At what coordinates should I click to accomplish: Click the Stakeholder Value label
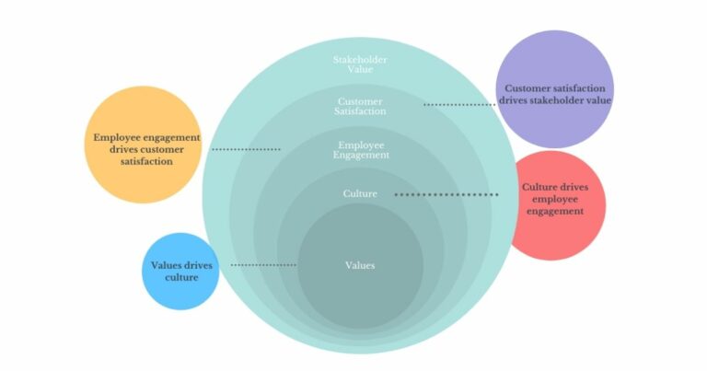click(x=360, y=64)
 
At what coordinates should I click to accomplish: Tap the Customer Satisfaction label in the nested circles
click(x=360, y=106)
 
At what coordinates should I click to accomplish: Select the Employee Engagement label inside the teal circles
click(x=360, y=150)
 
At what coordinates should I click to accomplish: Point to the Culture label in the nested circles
click(x=359, y=194)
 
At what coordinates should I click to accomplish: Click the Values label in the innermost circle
click(x=359, y=265)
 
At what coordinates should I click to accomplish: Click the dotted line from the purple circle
click(x=459, y=105)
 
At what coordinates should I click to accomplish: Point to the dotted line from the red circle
click(x=446, y=195)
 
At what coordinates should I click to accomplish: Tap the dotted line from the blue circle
click(x=262, y=265)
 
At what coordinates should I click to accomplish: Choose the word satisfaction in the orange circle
click(x=146, y=161)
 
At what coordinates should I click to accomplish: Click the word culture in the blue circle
click(x=181, y=277)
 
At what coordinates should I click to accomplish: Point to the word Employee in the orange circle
click(x=117, y=137)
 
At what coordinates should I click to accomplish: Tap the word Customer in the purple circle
click(x=527, y=88)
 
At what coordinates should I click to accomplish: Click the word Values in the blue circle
click(x=167, y=265)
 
